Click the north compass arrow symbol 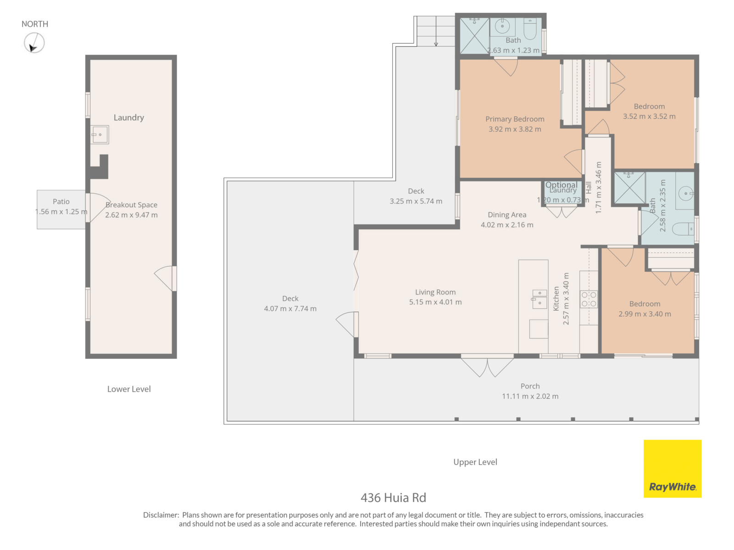click(34, 43)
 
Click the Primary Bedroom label click(514, 119)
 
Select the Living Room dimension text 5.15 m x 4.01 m click(434, 302)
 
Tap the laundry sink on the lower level click(99, 134)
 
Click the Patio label click(61, 201)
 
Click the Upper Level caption click(474, 462)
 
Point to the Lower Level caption click(129, 389)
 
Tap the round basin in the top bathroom click(501, 26)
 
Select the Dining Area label click(506, 214)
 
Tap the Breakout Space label click(131, 204)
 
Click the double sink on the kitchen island click(539, 298)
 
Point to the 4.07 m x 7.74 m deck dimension click(289, 308)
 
